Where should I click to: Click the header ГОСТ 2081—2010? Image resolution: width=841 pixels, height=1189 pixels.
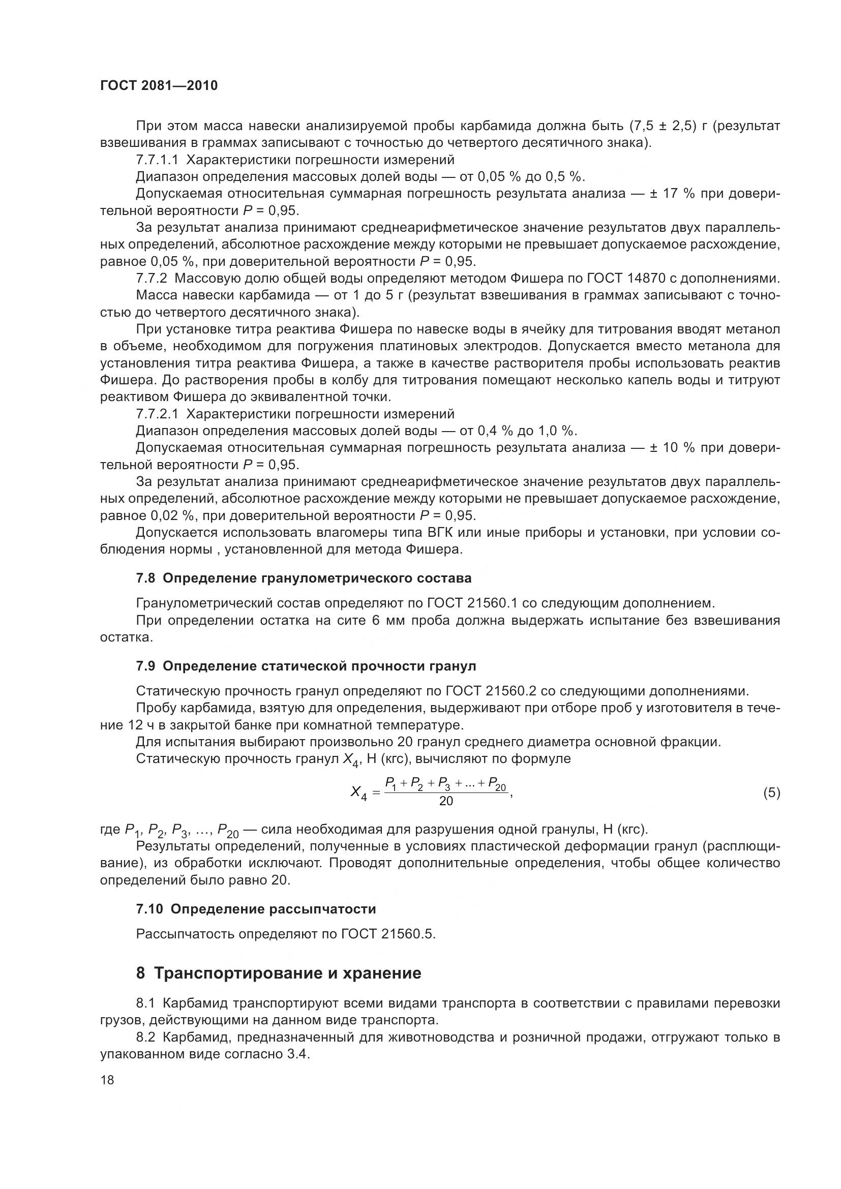[x=159, y=86]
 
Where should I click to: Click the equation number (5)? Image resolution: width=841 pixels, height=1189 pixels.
[x=771, y=793]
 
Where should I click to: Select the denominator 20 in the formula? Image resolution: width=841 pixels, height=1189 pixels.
[x=446, y=801]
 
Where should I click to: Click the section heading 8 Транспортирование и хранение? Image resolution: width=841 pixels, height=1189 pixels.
[x=279, y=973]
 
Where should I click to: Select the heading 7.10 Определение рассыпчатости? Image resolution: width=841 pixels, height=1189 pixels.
[x=256, y=909]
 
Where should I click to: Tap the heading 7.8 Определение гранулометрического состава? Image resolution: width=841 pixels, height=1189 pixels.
[x=304, y=578]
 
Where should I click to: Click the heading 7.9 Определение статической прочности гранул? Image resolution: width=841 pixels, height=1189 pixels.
[x=306, y=666]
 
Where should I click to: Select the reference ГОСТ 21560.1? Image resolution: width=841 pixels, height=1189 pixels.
[x=472, y=603]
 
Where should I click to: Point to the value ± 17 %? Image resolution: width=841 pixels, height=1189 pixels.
[x=672, y=194]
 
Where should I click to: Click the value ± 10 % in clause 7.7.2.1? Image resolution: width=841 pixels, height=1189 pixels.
[x=672, y=448]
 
